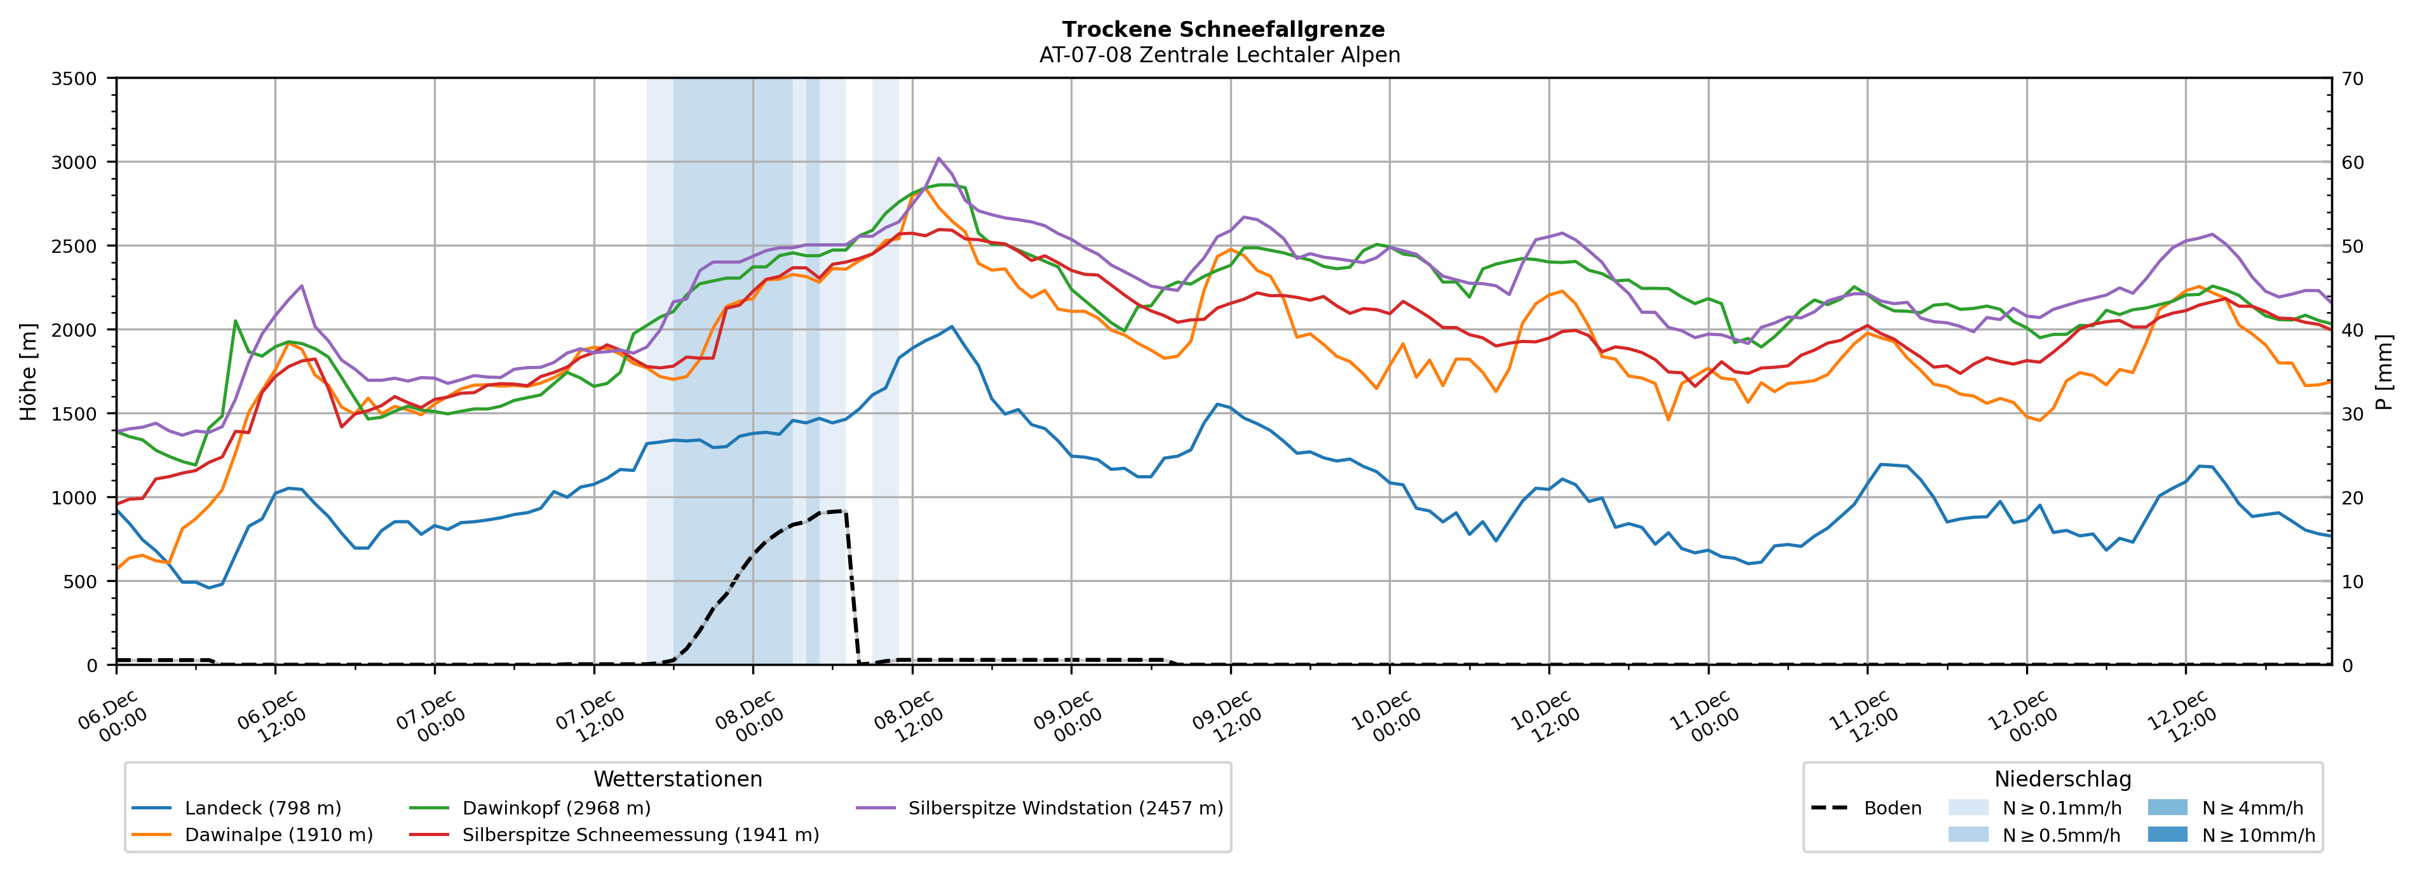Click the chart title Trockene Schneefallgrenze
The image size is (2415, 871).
coord(1222,30)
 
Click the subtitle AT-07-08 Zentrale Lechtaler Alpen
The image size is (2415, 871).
coord(1219,55)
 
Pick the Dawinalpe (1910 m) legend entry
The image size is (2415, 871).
coord(278,834)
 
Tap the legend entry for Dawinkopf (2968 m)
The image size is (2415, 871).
coord(556,808)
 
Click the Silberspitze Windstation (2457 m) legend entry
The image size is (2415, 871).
coord(1065,808)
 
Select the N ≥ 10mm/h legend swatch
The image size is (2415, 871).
coord(2167,834)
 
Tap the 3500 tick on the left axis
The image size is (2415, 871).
coord(74,79)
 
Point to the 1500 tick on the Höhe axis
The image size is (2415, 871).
coord(74,414)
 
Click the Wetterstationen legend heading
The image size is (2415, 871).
coord(678,779)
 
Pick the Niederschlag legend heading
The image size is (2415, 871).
coord(2062,779)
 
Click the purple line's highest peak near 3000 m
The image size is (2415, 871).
coord(938,158)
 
